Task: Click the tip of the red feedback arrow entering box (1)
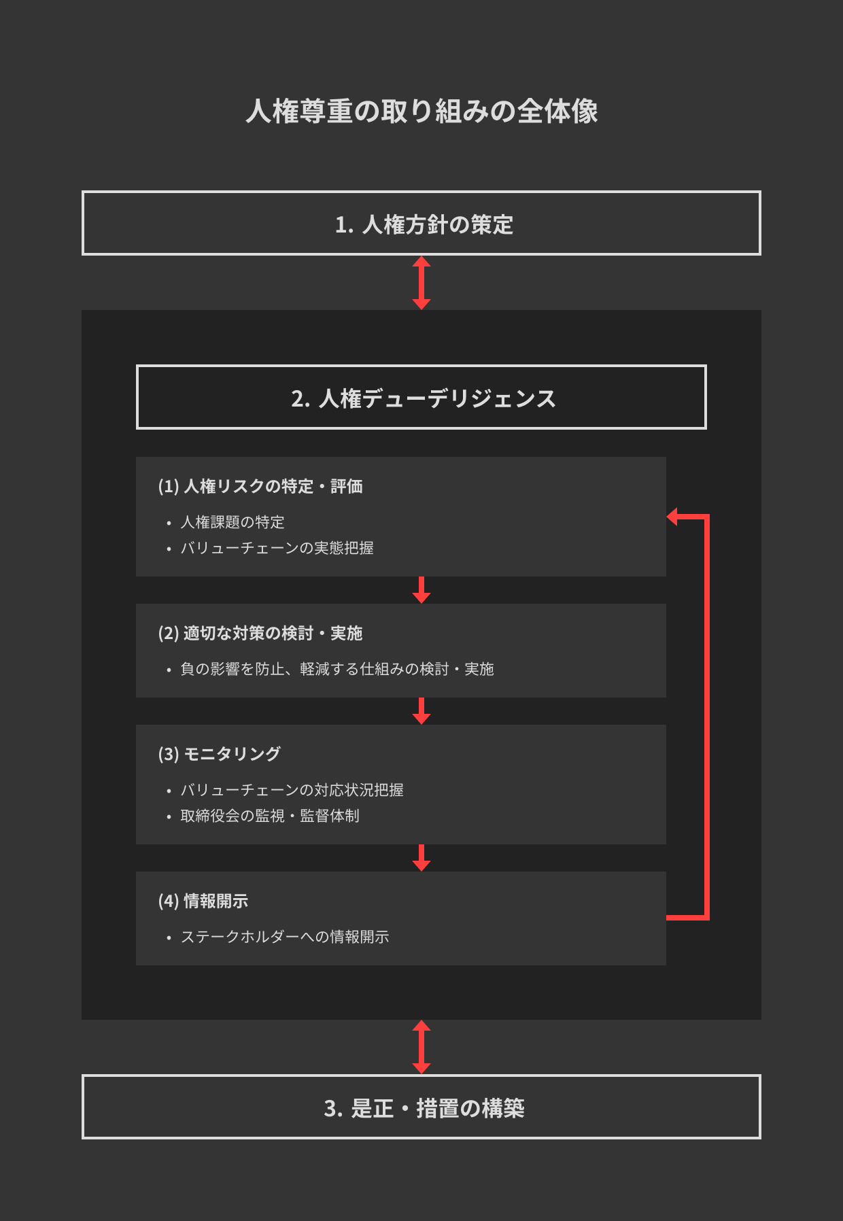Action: [x=667, y=517]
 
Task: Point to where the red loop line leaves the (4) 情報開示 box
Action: [x=667, y=918]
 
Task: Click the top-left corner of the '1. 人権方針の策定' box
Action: [x=82, y=191]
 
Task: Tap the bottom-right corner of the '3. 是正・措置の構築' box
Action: [x=761, y=1139]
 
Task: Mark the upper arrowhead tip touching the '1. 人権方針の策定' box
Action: [x=421, y=256]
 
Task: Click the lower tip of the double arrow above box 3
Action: [x=421, y=1073]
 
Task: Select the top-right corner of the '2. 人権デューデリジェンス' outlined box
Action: [x=706, y=365]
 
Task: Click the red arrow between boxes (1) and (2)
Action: [x=421, y=590]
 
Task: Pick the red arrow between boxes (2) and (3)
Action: [x=421, y=711]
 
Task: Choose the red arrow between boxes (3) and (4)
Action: [x=421, y=858]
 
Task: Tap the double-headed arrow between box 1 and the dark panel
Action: [x=421, y=283]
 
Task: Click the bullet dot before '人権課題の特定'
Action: [x=169, y=523]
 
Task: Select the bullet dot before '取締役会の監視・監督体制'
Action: [x=169, y=816]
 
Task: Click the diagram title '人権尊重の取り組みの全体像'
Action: [x=421, y=111]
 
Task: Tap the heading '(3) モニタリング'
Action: [x=220, y=754]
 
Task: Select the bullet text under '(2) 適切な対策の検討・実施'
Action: [x=337, y=669]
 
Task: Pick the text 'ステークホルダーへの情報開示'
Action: [x=285, y=937]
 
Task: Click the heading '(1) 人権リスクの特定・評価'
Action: [x=260, y=486]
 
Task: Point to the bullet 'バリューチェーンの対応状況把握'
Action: [x=292, y=790]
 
